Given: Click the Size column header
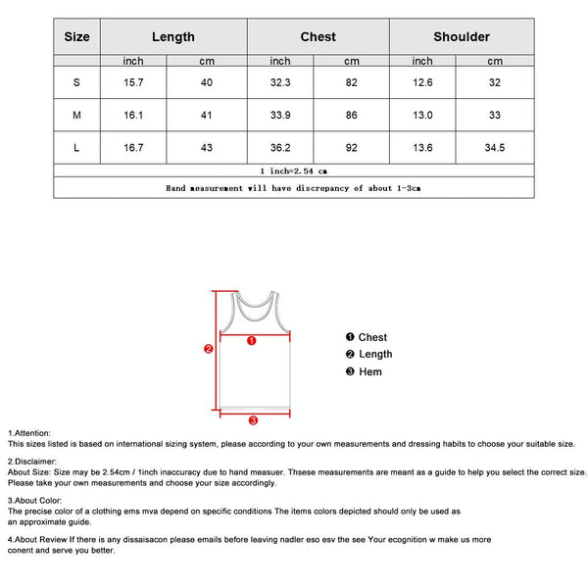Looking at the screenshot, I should pyautogui.click(x=76, y=36).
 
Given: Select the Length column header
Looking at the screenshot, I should pyautogui.click(x=172, y=36).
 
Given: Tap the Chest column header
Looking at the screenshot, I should pyautogui.click(x=318, y=36).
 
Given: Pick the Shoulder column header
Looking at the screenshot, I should pyautogui.click(x=462, y=36).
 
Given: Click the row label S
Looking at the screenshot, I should pyautogui.click(x=76, y=82).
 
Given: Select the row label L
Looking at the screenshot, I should pyautogui.click(x=76, y=148).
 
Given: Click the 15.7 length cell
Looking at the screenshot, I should pyautogui.click(x=133, y=82).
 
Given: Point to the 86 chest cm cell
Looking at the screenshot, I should pyautogui.click(x=351, y=115).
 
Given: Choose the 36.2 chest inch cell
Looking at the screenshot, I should pyautogui.click(x=280, y=148).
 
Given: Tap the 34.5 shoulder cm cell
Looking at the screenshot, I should pyautogui.click(x=495, y=148).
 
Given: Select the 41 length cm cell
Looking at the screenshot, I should pyautogui.click(x=207, y=115).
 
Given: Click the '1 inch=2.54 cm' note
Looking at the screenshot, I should pyautogui.click(x=293, y=171).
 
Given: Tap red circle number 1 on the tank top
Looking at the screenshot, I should pyautogui.click(x=252, y=341).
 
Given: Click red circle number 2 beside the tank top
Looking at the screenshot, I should pyautogui.click(x=208, y=348).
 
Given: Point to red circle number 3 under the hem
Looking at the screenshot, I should pyautogui.click(x=253, y=420).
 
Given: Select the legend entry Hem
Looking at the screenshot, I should pyautogui.click(x=369, y=371).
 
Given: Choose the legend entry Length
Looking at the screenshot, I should pyautogui.click(x=374, y=354).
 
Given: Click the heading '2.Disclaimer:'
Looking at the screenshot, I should pyautogui.click(x=32, y=461).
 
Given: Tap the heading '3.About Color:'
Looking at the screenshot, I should pyautogui.click(x=35, y=500).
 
